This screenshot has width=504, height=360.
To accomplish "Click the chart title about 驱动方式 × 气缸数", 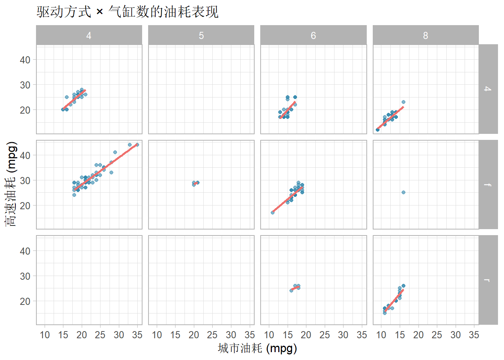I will [x=127, y=12].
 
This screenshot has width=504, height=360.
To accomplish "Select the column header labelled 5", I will [x=201, y=35].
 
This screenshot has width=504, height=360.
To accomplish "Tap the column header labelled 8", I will [x=425, y=35].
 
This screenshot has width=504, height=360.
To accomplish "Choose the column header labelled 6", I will [x=313, y=35].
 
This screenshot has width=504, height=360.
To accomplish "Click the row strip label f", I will [x=487, y=184].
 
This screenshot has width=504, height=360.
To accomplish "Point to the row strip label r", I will [x=487, y=280].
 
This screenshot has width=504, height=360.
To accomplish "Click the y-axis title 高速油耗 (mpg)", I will [x=11, y=184].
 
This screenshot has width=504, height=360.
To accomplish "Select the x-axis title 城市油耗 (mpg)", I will [x=257, y=348].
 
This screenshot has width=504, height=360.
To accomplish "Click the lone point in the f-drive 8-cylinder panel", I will [x=403, y=192].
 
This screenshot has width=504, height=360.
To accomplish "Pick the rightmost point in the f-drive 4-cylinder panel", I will [x=137, y=145].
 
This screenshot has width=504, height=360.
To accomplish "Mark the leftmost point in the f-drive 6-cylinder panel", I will [x=273, y=213].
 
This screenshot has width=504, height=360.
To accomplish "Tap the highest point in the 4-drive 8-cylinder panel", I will [x=403, y=102].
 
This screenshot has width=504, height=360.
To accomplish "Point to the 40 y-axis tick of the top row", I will [x=25, y=60].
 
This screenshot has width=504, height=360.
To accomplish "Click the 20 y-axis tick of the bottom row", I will [x=25, y=301].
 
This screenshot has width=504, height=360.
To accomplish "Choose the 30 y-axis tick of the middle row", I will [x=25, y=180].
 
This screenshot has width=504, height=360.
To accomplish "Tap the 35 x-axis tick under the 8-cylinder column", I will [x=474, y=335].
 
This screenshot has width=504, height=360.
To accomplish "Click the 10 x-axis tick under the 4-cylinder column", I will [x=45, y=335].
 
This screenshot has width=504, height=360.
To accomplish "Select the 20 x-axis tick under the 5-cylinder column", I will [x=194, y=335].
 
